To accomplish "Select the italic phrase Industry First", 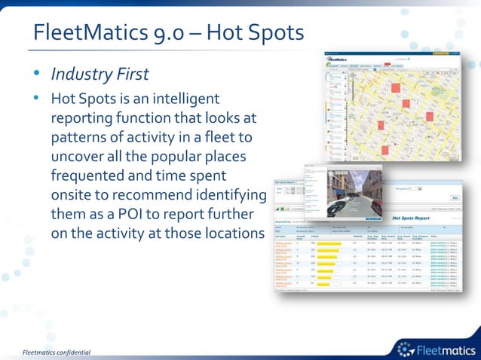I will [100, 75].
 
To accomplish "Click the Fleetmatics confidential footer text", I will [57, 352].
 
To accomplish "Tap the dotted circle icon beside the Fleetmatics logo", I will [405, 348].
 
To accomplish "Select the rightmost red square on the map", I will [430, 117].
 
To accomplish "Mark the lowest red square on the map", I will [384, 150].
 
